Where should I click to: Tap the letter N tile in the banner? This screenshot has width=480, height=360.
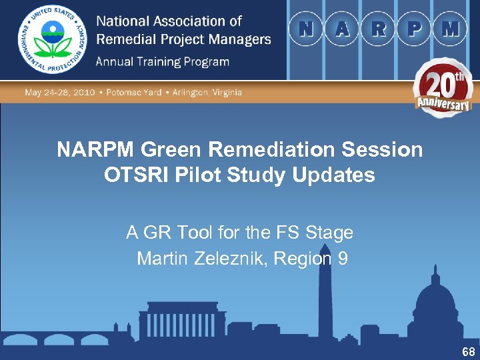coord(307,29)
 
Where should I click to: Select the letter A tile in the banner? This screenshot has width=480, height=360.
coord(342,29)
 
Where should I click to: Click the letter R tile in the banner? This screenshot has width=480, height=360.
coord(378,29)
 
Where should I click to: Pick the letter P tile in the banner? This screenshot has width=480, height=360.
coord(414,29)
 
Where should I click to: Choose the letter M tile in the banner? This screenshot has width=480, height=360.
coord(450,29)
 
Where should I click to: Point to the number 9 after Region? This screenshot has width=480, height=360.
coord(343,258)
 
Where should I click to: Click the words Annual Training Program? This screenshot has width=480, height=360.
coord(163,62)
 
